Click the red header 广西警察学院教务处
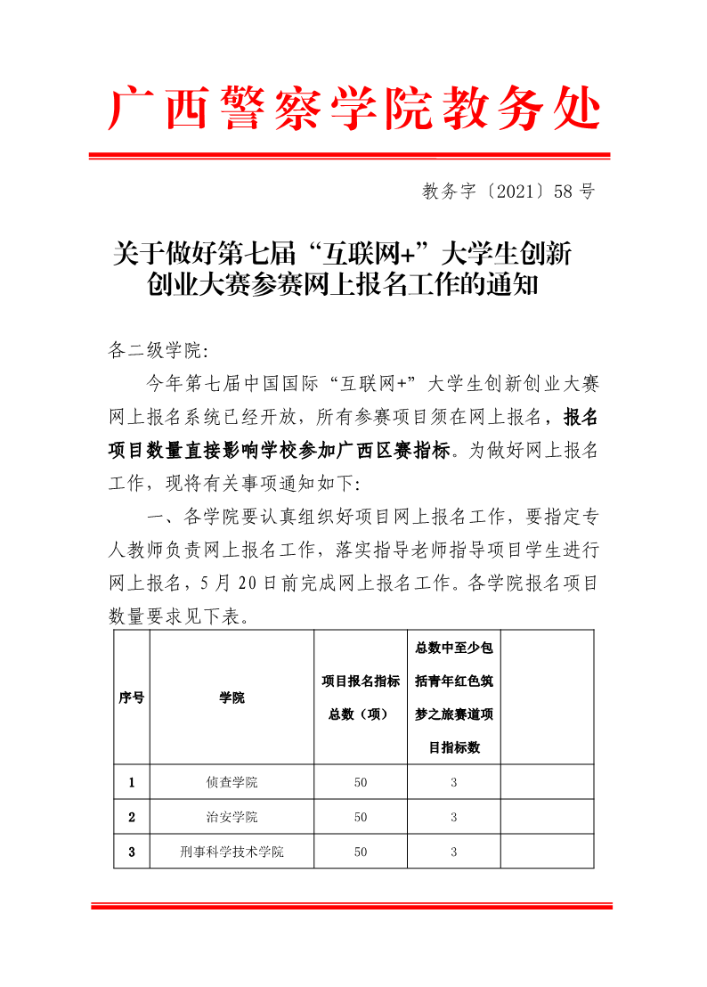(353, 110)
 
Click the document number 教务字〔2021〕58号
(508, 191)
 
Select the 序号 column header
(132, 697)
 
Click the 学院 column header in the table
(232, 697)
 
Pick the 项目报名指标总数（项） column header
(360, 697)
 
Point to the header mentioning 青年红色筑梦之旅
(454, 697)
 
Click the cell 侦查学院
(232, 782)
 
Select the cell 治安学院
(232, 817)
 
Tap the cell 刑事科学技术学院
(232, 852)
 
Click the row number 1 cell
(132, 782)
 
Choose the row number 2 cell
(132, 817)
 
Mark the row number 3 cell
(132, 852)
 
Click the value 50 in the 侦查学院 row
(360, 782)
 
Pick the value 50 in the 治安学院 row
(360, 817)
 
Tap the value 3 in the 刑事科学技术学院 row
(454, 852)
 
